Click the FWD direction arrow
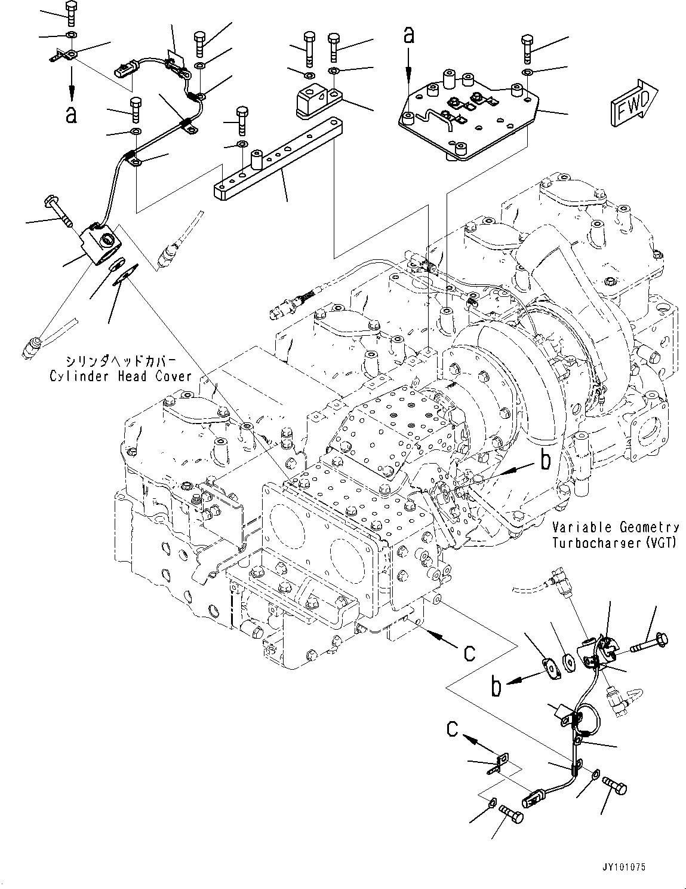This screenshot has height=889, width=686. pyautogui.click(x=633, y=104)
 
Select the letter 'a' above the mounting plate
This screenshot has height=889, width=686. pyautogui.click(x=408, y=36)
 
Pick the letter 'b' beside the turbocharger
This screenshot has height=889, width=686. pyautogui.click(x=545, y=459)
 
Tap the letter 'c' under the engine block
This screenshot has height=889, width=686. pyautogui.click(x=470, y=652)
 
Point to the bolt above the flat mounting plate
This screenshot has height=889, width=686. pyautogui.click(x=527, y=48)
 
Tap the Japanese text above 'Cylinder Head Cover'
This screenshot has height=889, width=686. pyautogui.click(x=121, y=361)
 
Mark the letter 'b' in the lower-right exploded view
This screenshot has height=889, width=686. pyautogui.click(x=496, y=687)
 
